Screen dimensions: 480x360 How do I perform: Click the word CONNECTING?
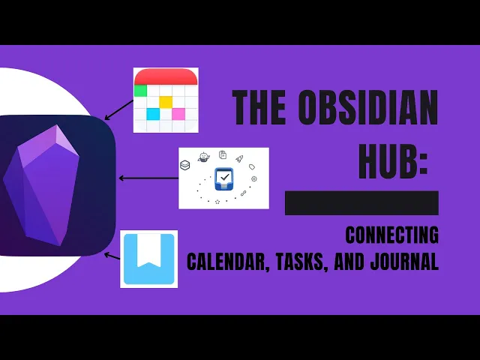point(391,235)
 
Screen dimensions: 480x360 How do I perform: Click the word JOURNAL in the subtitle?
point(403,262)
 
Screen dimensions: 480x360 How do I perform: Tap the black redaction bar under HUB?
point(361,202)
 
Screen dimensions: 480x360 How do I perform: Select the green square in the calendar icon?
point(140,91)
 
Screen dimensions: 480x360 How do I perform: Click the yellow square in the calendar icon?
point(166,101)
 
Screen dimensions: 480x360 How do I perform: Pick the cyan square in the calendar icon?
point(153,114)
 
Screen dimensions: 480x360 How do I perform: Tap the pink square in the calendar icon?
point(178,114)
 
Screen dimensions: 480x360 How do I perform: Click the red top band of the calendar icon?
point(166,76)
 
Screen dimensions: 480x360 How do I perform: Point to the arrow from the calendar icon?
point(118,109)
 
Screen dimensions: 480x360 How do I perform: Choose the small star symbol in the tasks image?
point(217,202)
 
